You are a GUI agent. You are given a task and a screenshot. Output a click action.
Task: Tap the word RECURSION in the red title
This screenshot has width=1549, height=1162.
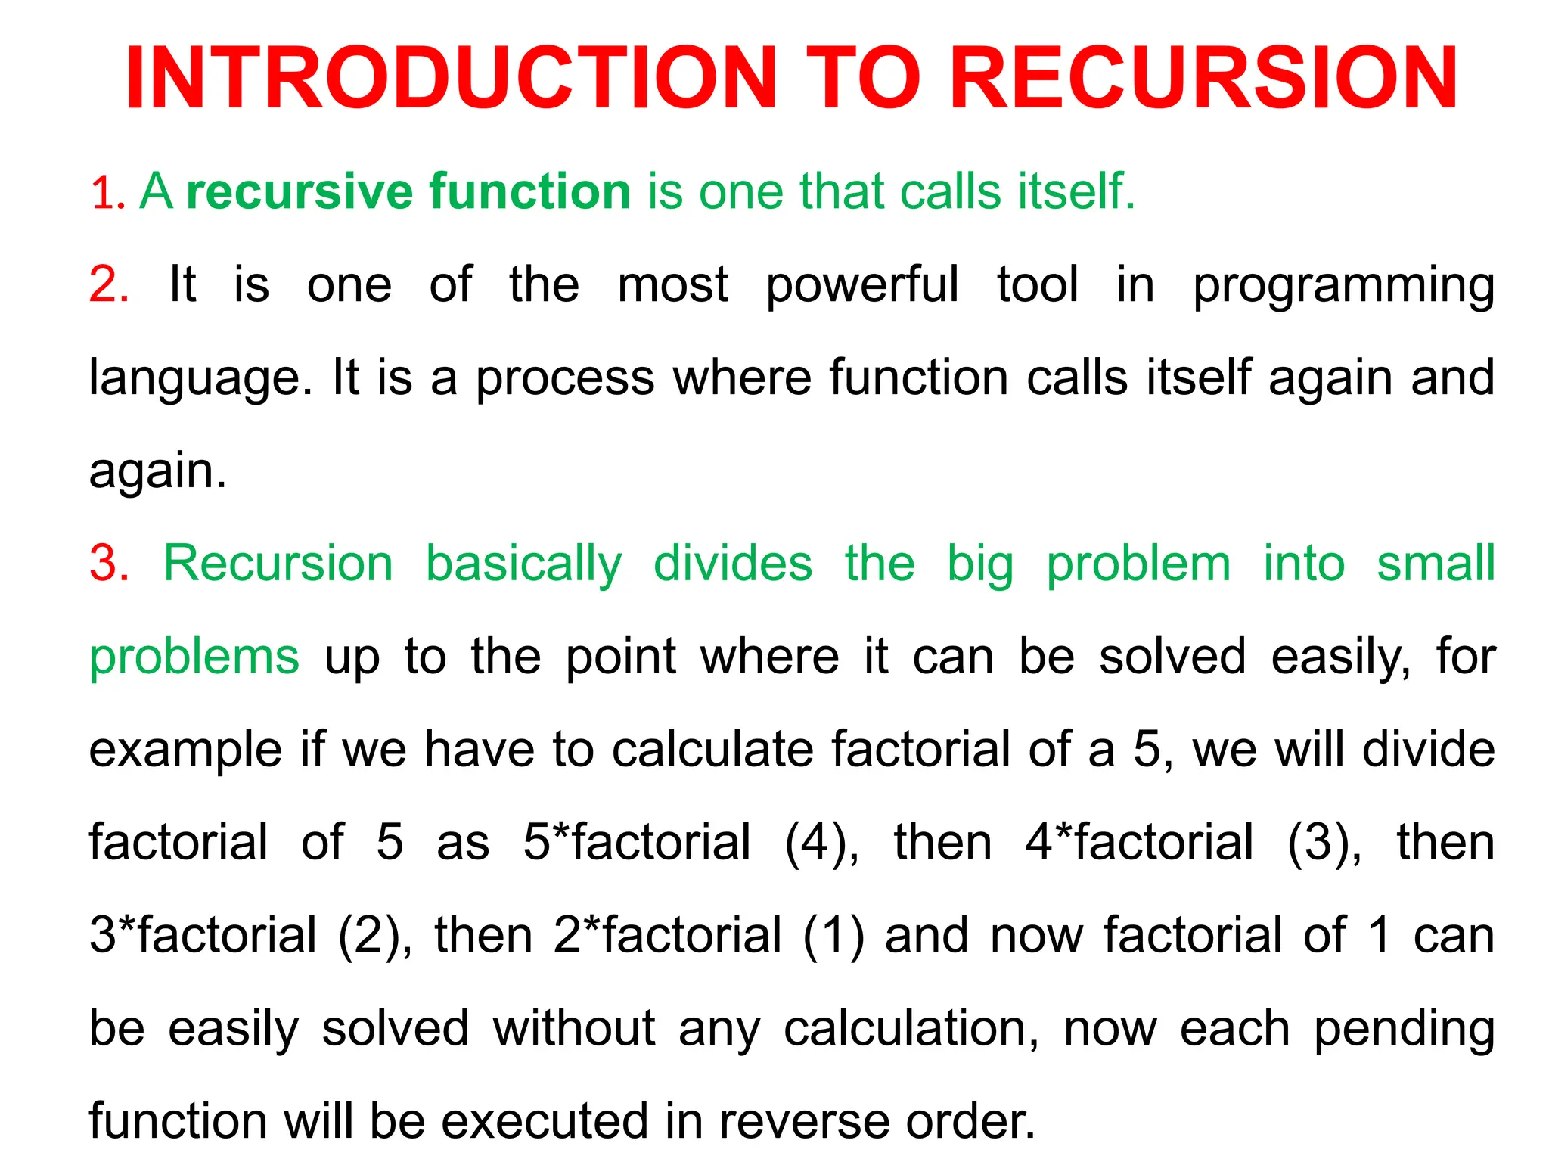point(1203,79)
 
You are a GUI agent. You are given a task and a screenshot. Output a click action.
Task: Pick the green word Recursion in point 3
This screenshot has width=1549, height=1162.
point(278,564)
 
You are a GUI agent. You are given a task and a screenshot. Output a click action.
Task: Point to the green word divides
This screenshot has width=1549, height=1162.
point(733,564)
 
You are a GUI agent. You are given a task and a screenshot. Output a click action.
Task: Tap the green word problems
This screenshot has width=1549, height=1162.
point(194,657)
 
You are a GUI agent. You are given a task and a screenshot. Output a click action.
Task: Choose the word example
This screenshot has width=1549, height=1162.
point(186,750)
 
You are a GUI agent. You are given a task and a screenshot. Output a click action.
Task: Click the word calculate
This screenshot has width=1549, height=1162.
point(712,750)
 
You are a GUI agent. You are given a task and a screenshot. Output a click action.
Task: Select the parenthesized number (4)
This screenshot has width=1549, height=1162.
point(820,843)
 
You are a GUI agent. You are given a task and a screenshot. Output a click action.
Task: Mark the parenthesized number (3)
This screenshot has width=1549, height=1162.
point(1323,843)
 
